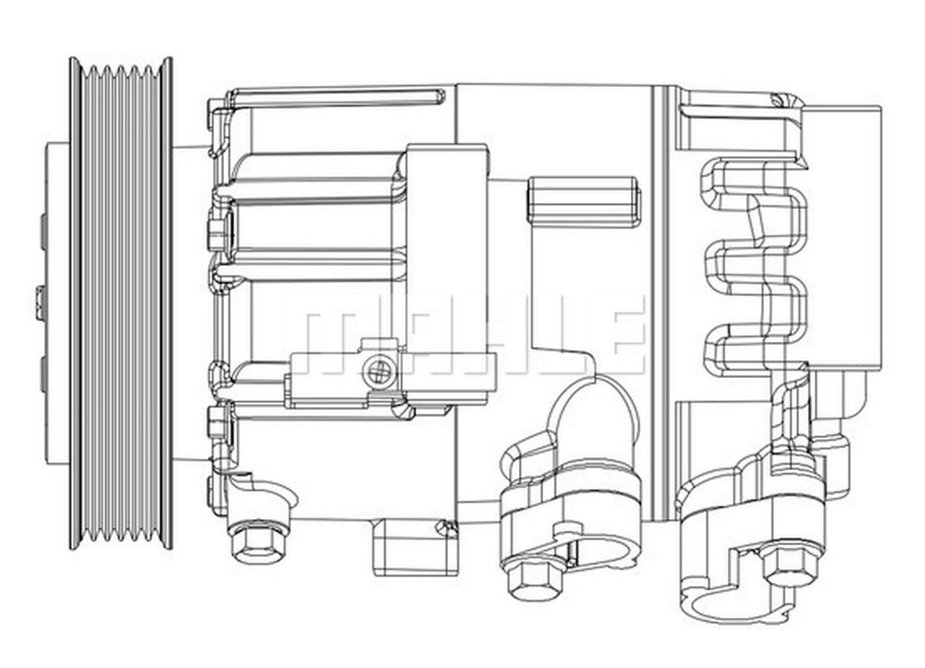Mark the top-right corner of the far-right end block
(880, 106)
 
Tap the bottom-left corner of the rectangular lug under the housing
(374, 575)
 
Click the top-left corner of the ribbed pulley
(70, 57)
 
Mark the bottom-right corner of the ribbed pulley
(172, 549)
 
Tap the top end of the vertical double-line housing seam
(658, 85)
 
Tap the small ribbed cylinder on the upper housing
(584, 202)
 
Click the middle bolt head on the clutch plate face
(40, 304)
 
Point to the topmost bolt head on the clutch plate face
(43, 232)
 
